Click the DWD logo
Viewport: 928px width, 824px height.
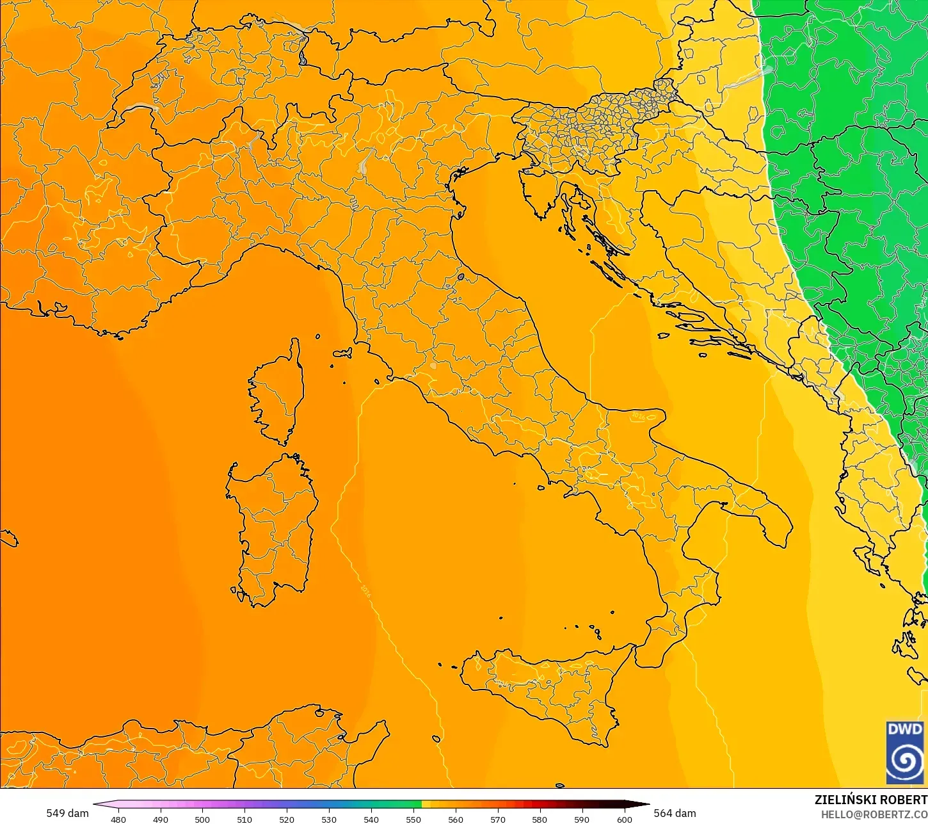point(905,753)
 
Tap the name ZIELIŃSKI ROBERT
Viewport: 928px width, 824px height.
point(870,800)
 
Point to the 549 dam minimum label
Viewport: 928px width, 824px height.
point(67,813)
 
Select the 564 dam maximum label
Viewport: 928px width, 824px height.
point(675,813)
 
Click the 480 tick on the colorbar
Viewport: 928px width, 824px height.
point(118,819)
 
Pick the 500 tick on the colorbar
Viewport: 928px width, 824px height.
point(202,819)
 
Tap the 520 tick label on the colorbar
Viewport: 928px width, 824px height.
point(287,819)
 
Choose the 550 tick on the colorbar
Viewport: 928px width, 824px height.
point(413,819)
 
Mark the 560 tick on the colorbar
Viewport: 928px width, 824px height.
point(456,819)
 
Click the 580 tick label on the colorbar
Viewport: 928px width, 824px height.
point(540,819)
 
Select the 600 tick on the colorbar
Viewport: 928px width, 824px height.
point(624,819)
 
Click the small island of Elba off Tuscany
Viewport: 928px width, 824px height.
point(342,353)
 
